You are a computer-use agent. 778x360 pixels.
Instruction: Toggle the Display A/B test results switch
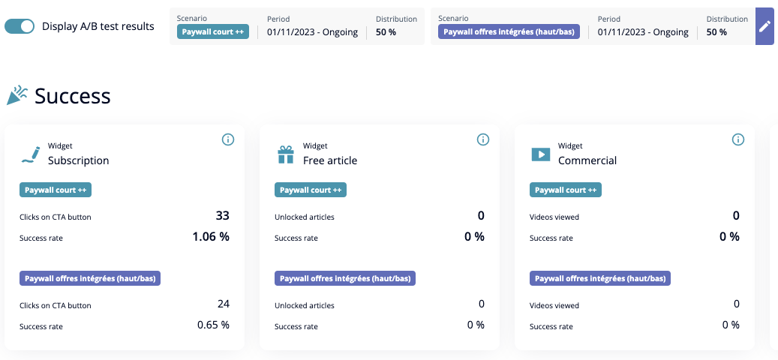coord(20,26)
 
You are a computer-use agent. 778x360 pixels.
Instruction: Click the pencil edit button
coord(764,26)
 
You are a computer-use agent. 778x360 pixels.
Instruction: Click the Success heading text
coord(73,96)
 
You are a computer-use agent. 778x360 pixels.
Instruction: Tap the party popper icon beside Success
coord(17,95)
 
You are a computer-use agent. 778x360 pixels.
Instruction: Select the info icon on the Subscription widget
coord(228,139)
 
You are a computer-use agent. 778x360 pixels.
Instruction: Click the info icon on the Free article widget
coord(483,139)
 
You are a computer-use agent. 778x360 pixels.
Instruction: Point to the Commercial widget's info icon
coord(738,139)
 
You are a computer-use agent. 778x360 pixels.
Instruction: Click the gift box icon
coord(286,154)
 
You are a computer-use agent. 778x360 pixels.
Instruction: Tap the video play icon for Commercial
coord(540,154)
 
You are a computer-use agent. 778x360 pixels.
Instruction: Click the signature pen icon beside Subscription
coord(31,154)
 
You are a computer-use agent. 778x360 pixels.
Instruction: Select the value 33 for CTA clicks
coord(222,216)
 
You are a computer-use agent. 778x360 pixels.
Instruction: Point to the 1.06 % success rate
coord(211,236)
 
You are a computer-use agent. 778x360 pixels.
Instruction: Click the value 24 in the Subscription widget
coord(223,304)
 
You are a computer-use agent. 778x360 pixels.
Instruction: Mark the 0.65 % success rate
coord(213,325)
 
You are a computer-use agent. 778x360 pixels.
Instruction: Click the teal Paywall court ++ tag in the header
coord(213,32)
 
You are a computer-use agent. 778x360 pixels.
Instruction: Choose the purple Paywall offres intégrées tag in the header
coord(509,32)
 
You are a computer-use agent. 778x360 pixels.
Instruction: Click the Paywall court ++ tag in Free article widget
coord(311,190)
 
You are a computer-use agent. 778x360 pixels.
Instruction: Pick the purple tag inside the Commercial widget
coord(600,278)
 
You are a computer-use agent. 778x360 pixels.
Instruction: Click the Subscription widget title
coord(78,160)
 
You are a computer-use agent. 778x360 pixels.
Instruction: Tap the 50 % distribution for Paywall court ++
coord(386,32)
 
